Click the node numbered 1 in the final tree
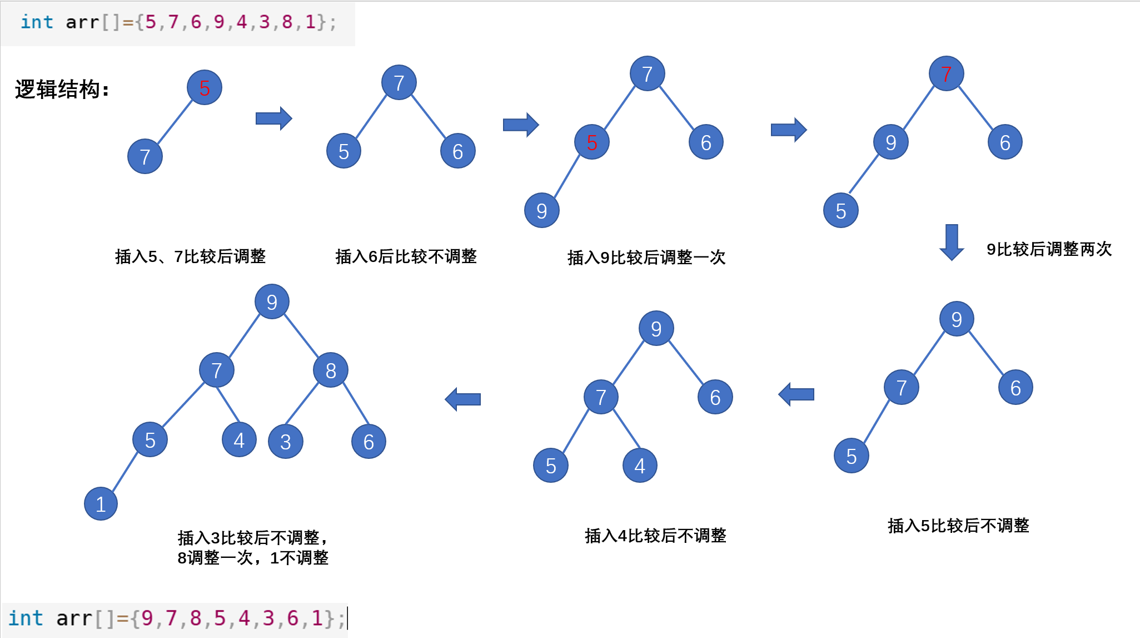point(101,504)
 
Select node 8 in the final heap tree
point(331,370)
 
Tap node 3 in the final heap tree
point(285,442)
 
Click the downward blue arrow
point(952,242)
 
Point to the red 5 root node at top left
point(205,88)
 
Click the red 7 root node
point(946,73)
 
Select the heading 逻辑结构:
point(62,89)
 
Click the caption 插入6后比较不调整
point(406,256)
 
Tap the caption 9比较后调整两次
point(1049,249)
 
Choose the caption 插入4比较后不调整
point(655,536)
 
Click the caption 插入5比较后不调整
point(958,526)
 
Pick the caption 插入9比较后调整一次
point(646,258)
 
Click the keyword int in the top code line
point(37,22)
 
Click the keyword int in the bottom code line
point(26,618)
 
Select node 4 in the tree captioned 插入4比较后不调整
point(640,466)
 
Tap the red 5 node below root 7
point(592,142)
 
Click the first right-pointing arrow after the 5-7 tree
point(273,118)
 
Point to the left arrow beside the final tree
point(462,399)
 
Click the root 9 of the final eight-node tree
point(272,302)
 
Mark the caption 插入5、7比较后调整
point(190,256)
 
